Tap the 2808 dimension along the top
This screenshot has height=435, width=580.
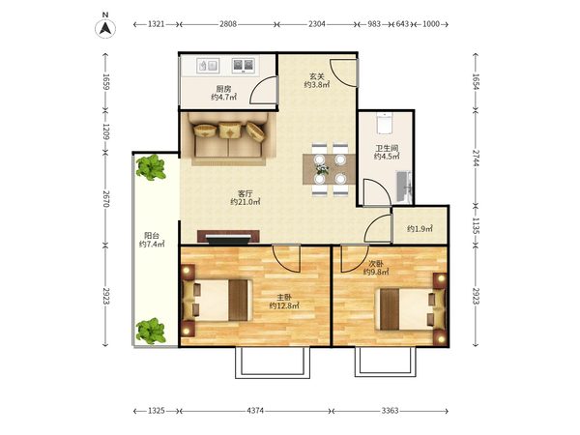pos(228,24)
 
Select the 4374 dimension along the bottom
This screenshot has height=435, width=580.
pos(255,411)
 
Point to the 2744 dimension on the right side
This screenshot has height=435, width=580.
pos(476,158)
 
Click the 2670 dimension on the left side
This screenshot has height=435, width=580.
pos(105,198)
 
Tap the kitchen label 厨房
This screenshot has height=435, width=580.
pos(223,89)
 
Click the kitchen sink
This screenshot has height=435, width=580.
pos(208,66)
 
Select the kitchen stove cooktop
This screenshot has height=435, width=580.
pos(243,66)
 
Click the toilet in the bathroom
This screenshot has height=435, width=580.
pos(385,123)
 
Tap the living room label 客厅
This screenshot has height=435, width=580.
pos(246,193)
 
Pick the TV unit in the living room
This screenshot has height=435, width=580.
pos(228,237)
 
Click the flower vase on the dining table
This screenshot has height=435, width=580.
pos(322,169)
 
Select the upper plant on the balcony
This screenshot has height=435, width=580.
pos(151,167)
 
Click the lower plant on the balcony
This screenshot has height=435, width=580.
pos(150,331)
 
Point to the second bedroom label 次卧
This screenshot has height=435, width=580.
pos(376,264)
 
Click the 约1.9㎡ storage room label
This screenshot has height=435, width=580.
pos(420,229)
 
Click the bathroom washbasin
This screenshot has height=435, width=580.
pos(404,187)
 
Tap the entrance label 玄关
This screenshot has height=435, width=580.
pos(317,76)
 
